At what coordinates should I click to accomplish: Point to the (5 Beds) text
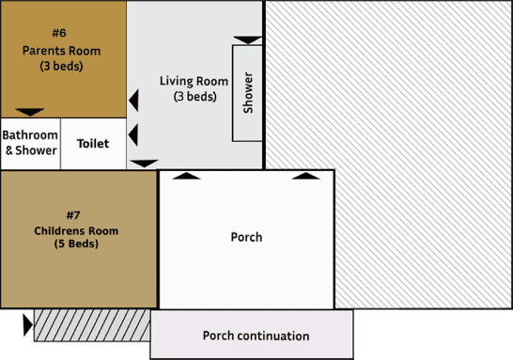(x=76, y=244)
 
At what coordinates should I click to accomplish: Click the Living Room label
(x=194, y=81)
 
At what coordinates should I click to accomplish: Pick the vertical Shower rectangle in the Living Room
(x=248, y=93)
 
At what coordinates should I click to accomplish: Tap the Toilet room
(x=93, y=144)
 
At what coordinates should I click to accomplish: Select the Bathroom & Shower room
(x=30, y=144)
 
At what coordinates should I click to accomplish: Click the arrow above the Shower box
(x=248, y=39)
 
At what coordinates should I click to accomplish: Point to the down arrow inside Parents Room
(x=30, y=112)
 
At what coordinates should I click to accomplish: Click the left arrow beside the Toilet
(x=133, y=133)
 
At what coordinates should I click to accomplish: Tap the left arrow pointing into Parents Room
(x=133, y=99)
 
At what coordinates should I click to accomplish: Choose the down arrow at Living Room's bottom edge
(x=144, y=164)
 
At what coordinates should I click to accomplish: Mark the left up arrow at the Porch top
(x=187, y=175)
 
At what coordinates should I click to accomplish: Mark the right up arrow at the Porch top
(x=304, y=175)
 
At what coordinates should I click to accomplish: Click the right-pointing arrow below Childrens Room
(x=26, y=325)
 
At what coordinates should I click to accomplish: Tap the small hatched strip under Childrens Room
(x=92, y=325)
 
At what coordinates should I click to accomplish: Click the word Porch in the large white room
(x=246, y=237)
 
